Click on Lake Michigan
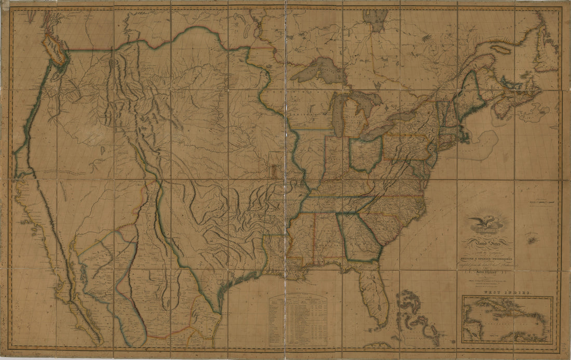tap(338, 114)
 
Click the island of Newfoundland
tap(545, 52)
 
